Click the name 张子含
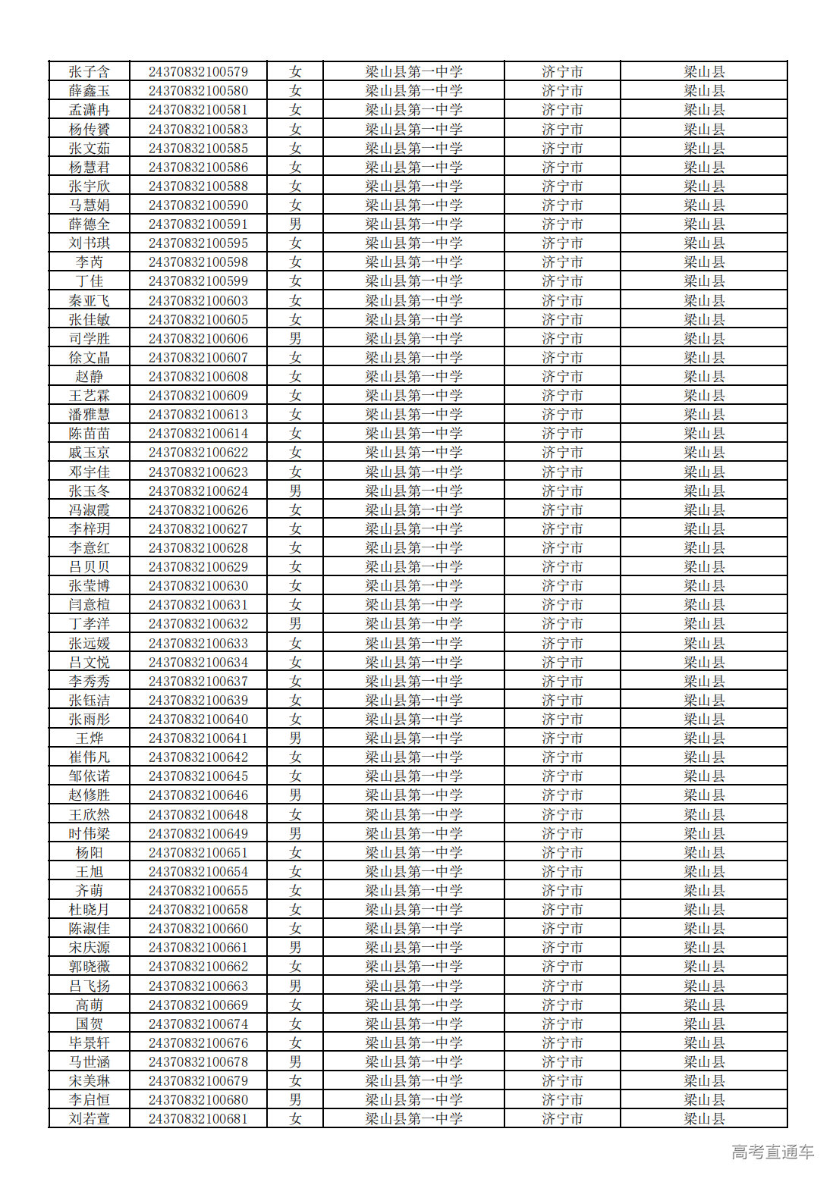[89, 72]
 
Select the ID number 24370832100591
[198, 224]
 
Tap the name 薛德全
[89, 224]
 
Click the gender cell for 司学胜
[295, 339]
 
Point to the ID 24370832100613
[198, 415]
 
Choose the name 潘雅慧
[89, 415]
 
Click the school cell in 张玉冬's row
[413, 491]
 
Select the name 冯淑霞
[89, 510]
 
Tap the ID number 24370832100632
[198, 624]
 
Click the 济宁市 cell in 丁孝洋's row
[562, 624]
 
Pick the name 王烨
[89, 738]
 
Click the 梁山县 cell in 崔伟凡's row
[704, 757]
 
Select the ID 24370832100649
[198, 834]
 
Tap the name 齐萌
[89, 891]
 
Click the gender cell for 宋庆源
[295, 948]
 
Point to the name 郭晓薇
[89, 967]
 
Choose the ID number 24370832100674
[198, 1024]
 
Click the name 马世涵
[89, 1062]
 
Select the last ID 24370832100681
[198, 1119]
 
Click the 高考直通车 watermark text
[772, 1152]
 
